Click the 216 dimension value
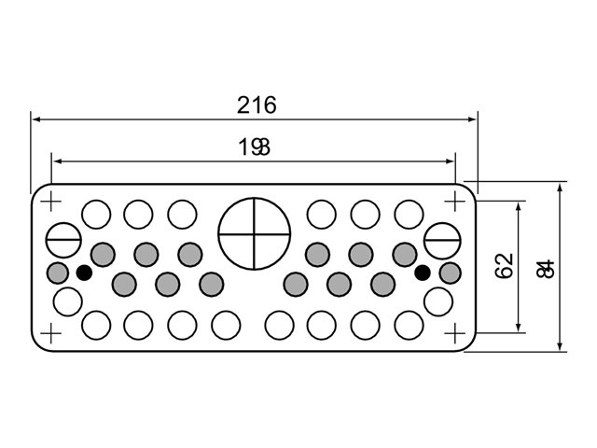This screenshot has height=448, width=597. click(x=256, y=105)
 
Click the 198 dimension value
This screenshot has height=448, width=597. click(x=254, y=147)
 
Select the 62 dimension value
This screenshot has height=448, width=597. click(x=506, y=266)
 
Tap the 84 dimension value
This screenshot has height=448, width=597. click(x=547, y=268)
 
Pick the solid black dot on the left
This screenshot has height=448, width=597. click(x=84, y=273)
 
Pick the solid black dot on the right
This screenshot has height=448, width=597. click(x=423, y=273)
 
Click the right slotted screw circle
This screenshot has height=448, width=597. click(x=441, y=240)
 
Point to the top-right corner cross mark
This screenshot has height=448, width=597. click(x=456, y=199)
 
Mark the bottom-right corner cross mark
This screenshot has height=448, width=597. click(x=456, y=332)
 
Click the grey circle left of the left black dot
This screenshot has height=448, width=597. click(x=58, y=273)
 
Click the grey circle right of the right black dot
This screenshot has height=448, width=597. click(x=451, y=273)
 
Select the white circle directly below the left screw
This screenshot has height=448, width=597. click(x=66, y=301)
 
